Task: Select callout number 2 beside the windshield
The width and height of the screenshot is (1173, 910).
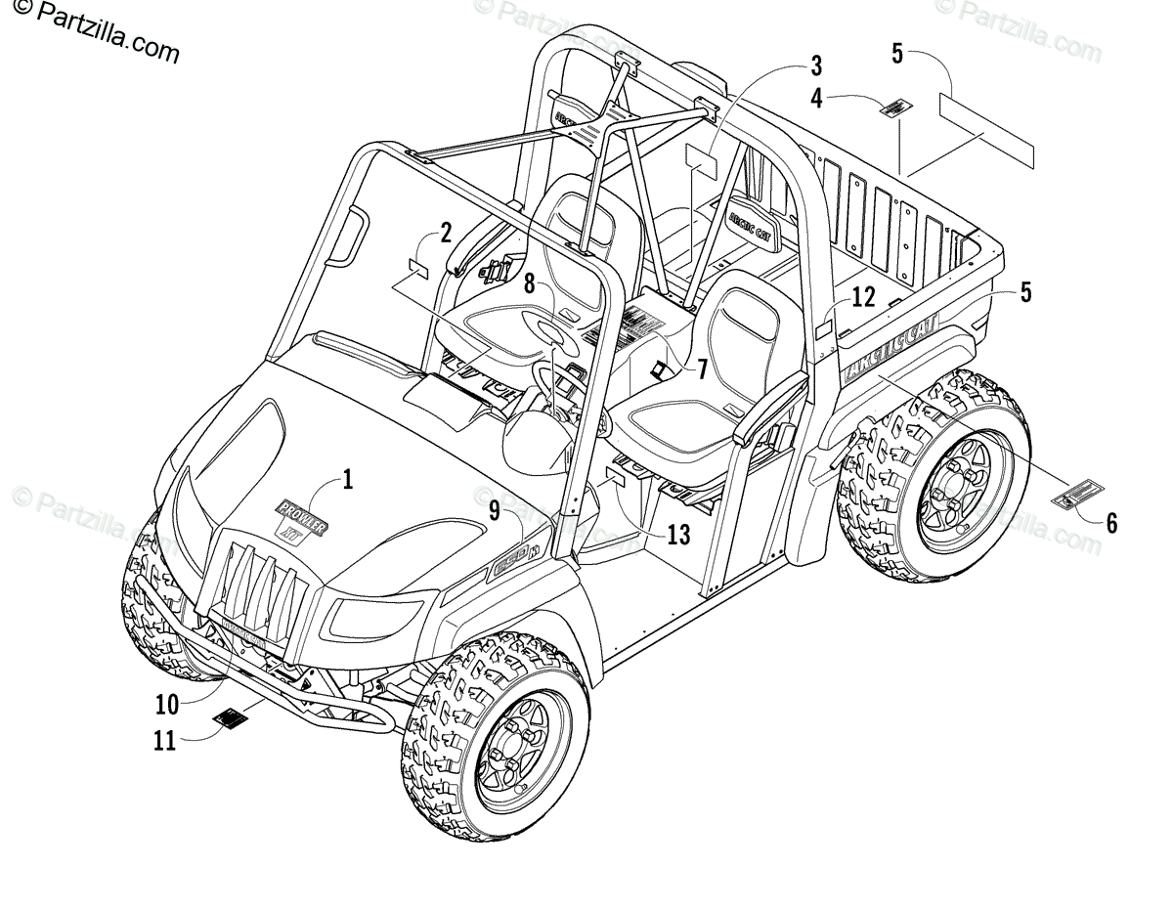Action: click(446, 233)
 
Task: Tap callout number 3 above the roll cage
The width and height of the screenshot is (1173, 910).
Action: click(815, 66)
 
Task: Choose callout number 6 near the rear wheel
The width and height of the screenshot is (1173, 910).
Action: click(1111, 522)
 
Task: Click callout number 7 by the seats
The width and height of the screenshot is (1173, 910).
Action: click(701, 370)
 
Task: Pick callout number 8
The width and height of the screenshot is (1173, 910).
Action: click(529, 284)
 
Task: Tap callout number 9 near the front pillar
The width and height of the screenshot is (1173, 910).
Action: click(496, 508)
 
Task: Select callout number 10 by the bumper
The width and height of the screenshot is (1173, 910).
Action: click(166, 703)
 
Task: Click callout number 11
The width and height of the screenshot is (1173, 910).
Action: click(163, 741)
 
